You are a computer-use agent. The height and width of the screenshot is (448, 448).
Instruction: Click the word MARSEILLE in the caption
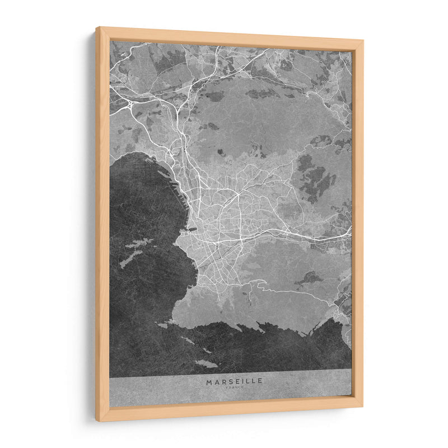(234, 381)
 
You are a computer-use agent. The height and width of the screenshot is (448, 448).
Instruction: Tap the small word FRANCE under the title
(234, 388)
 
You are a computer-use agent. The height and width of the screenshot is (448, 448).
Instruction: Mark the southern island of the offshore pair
(130, 258)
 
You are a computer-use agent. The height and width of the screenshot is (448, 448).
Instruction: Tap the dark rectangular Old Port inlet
(191, 228)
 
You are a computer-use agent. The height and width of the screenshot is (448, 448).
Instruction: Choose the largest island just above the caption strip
(206, 363)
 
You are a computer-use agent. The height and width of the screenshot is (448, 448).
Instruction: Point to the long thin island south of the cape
(187, 340)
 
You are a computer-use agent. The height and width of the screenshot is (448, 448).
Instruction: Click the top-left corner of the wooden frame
(97, 28)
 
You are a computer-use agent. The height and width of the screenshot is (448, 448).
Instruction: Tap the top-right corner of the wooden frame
(363, 41)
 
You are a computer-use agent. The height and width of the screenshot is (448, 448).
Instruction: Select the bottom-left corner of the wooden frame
(97, 420)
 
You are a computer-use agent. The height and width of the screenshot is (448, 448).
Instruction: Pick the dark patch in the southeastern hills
(309, 277)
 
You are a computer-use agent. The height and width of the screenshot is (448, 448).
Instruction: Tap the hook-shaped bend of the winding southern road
(259, 286)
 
